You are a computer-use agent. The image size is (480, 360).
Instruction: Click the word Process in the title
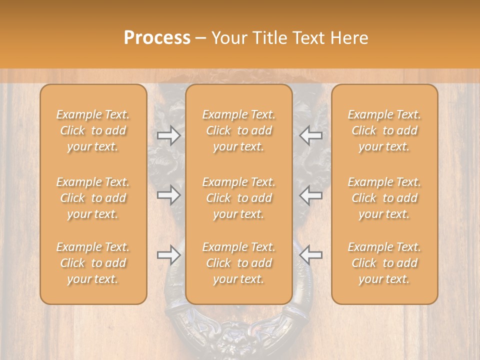pos(157,38)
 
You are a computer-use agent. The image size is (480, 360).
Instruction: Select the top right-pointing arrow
pos(169,135)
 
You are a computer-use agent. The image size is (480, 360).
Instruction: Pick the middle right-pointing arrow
pos(169,195)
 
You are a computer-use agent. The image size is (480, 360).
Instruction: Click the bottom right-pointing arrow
pos(169,255)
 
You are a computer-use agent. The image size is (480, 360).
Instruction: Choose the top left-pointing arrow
pos(310,135)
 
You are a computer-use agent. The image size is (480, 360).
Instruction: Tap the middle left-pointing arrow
pos(310,195)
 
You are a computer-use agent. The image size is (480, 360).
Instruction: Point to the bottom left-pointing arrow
pos(310,255)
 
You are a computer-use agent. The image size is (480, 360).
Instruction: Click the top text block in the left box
pos(93,130)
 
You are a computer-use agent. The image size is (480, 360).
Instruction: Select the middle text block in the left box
pos(93,198)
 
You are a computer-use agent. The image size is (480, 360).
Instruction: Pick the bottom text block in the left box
pos(93,263)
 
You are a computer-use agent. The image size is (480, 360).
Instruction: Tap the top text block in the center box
pos(239,130)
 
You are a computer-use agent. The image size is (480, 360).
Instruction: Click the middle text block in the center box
pos(239,198)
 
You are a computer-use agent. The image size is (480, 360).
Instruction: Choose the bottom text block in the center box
pos(239,263)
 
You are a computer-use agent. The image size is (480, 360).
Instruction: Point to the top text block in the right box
pos(384,130)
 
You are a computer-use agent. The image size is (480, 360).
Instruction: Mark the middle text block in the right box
pos(384,198)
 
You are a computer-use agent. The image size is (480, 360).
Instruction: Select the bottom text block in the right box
pos(384,263)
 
